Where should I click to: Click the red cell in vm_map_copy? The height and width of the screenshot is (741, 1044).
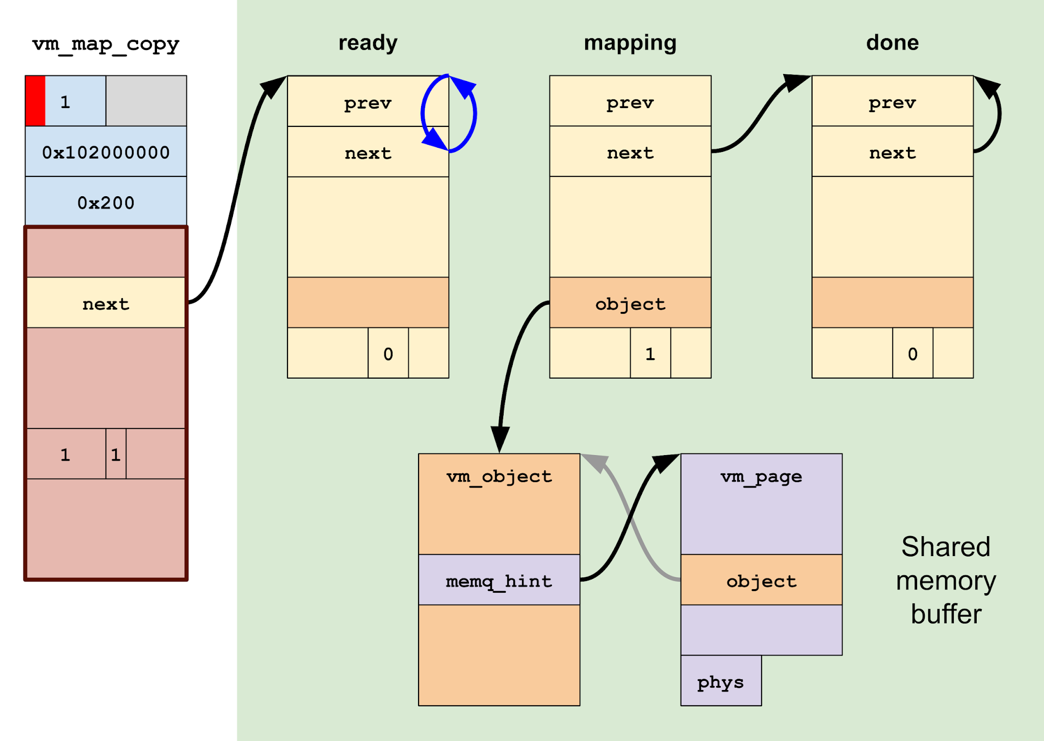click(35, 101)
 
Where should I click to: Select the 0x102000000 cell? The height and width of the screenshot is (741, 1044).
click(106, 152)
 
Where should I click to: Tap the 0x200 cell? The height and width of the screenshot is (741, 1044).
click(106, 202)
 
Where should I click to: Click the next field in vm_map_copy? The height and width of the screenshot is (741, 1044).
click(106, 303)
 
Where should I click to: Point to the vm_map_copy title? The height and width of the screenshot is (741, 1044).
click(106, 44)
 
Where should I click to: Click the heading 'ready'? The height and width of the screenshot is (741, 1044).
click(368, 43)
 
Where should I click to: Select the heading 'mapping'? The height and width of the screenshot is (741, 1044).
click(630, 43)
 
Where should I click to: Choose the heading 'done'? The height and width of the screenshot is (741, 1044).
click(892, 43)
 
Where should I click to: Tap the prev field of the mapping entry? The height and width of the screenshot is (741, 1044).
click(630, 102)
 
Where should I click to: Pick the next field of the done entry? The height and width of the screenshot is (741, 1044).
click(892, 152)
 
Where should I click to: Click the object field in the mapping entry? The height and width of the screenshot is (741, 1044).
click(630, 303)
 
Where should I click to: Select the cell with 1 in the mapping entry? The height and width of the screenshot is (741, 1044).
click(650, 353)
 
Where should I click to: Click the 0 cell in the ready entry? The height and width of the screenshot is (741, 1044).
click(388, 353)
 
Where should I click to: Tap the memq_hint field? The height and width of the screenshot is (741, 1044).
click(499, 580)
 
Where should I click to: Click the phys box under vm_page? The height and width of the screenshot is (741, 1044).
click(721, 681)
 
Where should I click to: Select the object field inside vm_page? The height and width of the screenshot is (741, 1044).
click(761, 580)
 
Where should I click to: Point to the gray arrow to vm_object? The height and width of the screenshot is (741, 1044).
click(632, 525)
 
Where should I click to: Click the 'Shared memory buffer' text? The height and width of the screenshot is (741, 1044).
click(946, 580)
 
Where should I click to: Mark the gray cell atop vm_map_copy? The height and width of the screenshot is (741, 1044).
click(146, 101)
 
